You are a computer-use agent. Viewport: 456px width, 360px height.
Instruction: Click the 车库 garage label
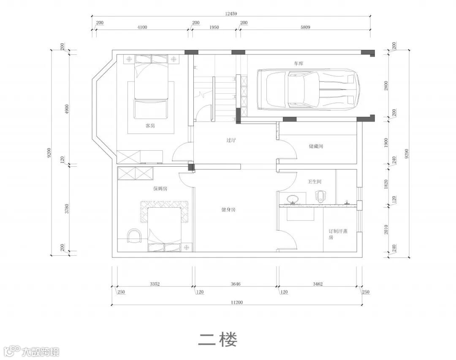click(x=299, y=63)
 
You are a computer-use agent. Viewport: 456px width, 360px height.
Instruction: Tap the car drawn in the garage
click(x=308, y=89)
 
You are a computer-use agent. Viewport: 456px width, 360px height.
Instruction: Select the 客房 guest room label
click(x=150, y=126)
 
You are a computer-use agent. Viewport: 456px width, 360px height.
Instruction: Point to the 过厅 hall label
click(x=231, y=140)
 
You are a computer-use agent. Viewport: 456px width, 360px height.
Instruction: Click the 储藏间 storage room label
click(x=316, y=146)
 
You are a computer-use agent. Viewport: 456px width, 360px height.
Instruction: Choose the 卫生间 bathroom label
click(x=315, y=181)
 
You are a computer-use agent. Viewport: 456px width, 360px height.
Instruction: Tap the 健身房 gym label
click(x=228, y=209)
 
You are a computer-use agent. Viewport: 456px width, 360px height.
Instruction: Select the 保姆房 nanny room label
click(x=160, y=188)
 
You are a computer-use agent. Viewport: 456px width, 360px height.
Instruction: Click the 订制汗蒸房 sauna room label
click(x=338, y=234)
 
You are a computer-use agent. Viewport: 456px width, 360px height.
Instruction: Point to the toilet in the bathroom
click(x=319, y=196)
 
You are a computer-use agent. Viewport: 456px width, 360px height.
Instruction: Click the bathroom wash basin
click(x=292, y=199)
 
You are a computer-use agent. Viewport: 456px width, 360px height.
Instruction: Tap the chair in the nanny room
click(x=135, y=236)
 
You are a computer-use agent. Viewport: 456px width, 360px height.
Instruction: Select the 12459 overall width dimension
click(x=231, y=14)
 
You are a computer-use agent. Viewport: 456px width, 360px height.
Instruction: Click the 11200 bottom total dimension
click(x=237, y=303)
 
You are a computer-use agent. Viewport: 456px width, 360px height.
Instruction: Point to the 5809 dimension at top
click(x=305, y=27)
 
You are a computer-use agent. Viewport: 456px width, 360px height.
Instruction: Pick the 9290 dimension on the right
click(x=407, y=154)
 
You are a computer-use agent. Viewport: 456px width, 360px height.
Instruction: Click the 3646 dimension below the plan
click(x=236, y=284)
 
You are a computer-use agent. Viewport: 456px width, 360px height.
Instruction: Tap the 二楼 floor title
click(x=218, y=339)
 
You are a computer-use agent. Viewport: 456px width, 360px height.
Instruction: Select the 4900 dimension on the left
click(x=67, y=109)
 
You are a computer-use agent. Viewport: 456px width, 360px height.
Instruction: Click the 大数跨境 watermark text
click(x=41, y=352)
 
